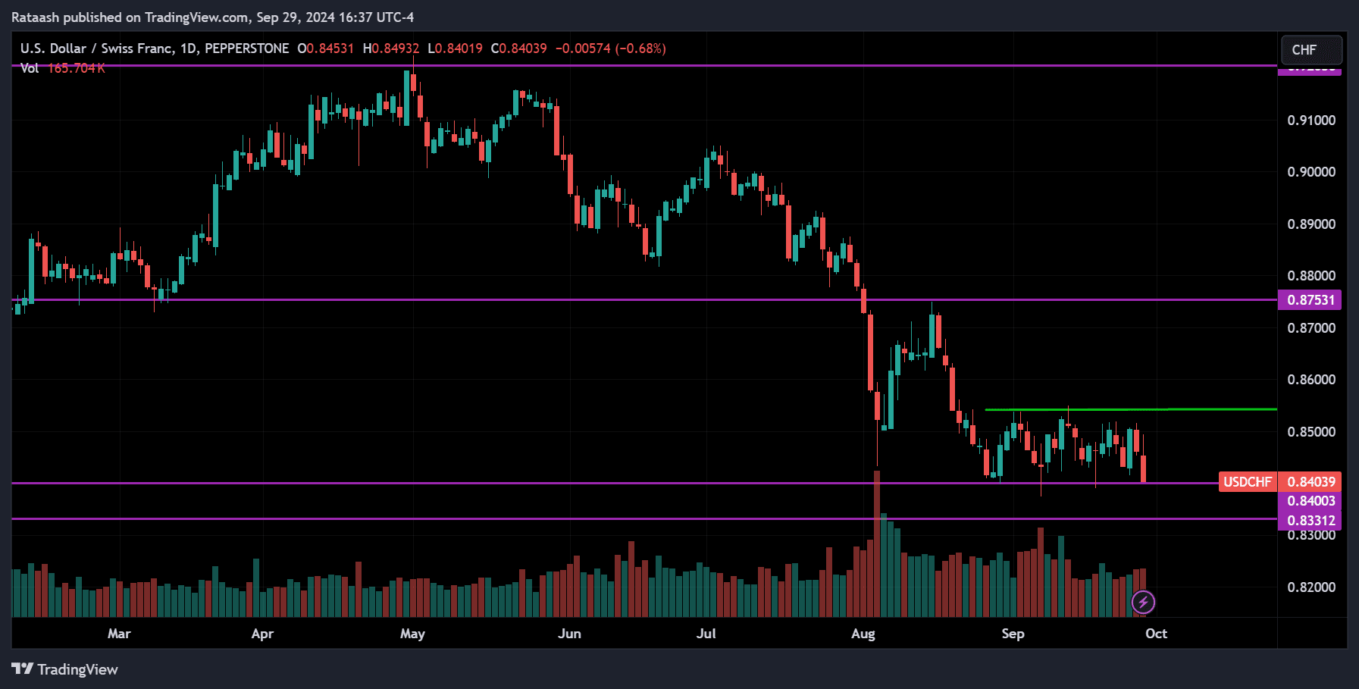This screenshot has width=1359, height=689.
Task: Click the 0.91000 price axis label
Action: (1311, 121)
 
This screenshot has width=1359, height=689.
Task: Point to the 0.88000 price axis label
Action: (1311, 276)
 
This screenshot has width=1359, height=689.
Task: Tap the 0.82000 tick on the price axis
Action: (1311, 587)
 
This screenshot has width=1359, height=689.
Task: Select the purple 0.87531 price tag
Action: (1310, 300)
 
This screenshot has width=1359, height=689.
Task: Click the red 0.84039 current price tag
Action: (1310, 482)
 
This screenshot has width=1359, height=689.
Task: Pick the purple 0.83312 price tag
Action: (1310, 521)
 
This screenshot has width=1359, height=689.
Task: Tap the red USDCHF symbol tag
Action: (1248, 482)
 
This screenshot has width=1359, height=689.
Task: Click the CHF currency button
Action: (1310, 50)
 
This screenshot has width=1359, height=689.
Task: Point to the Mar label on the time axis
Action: (119, 634)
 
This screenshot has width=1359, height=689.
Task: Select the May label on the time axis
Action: (412, 634)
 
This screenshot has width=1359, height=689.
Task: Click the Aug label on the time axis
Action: (863, 634)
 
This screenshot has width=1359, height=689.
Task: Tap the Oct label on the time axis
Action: (1156, 634)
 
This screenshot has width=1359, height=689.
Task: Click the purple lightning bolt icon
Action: (1143, 603)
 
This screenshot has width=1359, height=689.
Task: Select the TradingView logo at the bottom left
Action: (65, 669)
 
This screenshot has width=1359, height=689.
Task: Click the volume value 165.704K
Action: (77, 68)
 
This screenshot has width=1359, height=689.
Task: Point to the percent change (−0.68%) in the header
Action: (640, 49)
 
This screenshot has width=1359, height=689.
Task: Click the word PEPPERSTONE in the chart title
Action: (247, 49)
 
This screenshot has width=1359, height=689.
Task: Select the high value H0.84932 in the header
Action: (391, 49)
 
